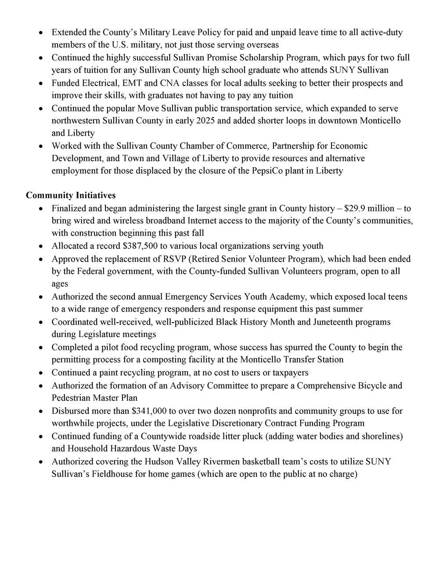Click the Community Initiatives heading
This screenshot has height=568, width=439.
tap(71, 195)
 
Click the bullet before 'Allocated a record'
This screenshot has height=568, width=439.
tap(40, 246)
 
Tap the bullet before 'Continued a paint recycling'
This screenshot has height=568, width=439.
tap(40, 373)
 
